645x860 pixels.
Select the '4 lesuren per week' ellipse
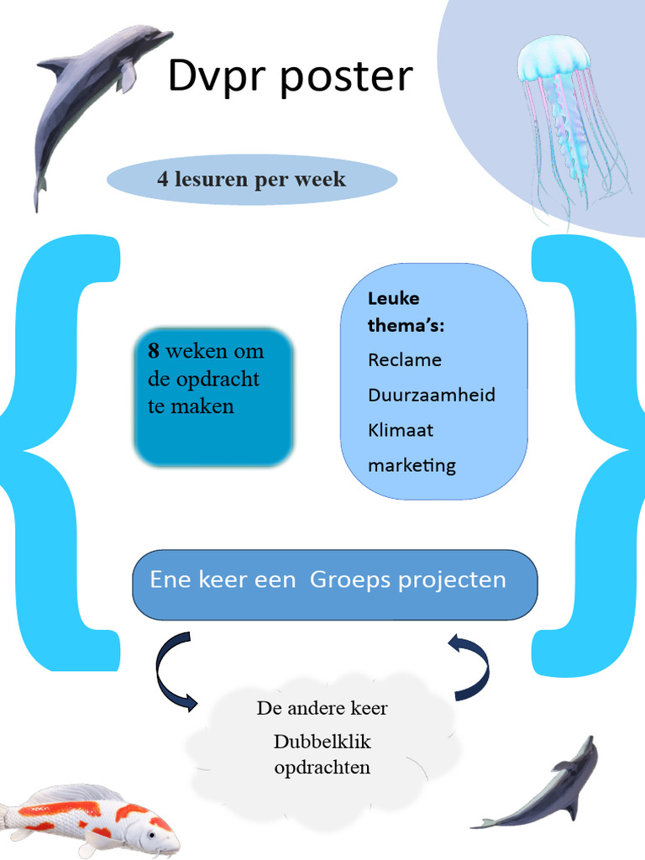tap(251, 180)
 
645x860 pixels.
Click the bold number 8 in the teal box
tap(154, 351)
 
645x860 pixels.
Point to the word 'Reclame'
tap(405, 360)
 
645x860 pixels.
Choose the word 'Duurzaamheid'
tap(432, 395)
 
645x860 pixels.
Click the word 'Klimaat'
tap(401, 430)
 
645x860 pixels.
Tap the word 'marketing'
tap(412, 465)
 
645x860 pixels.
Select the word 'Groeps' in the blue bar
tap(348, 579)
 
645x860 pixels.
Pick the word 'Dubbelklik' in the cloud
tap(322, 742)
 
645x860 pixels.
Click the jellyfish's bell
tap(553, 59)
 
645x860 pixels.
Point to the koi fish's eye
tap(152, 836)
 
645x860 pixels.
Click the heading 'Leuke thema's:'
tap(405, 312)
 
